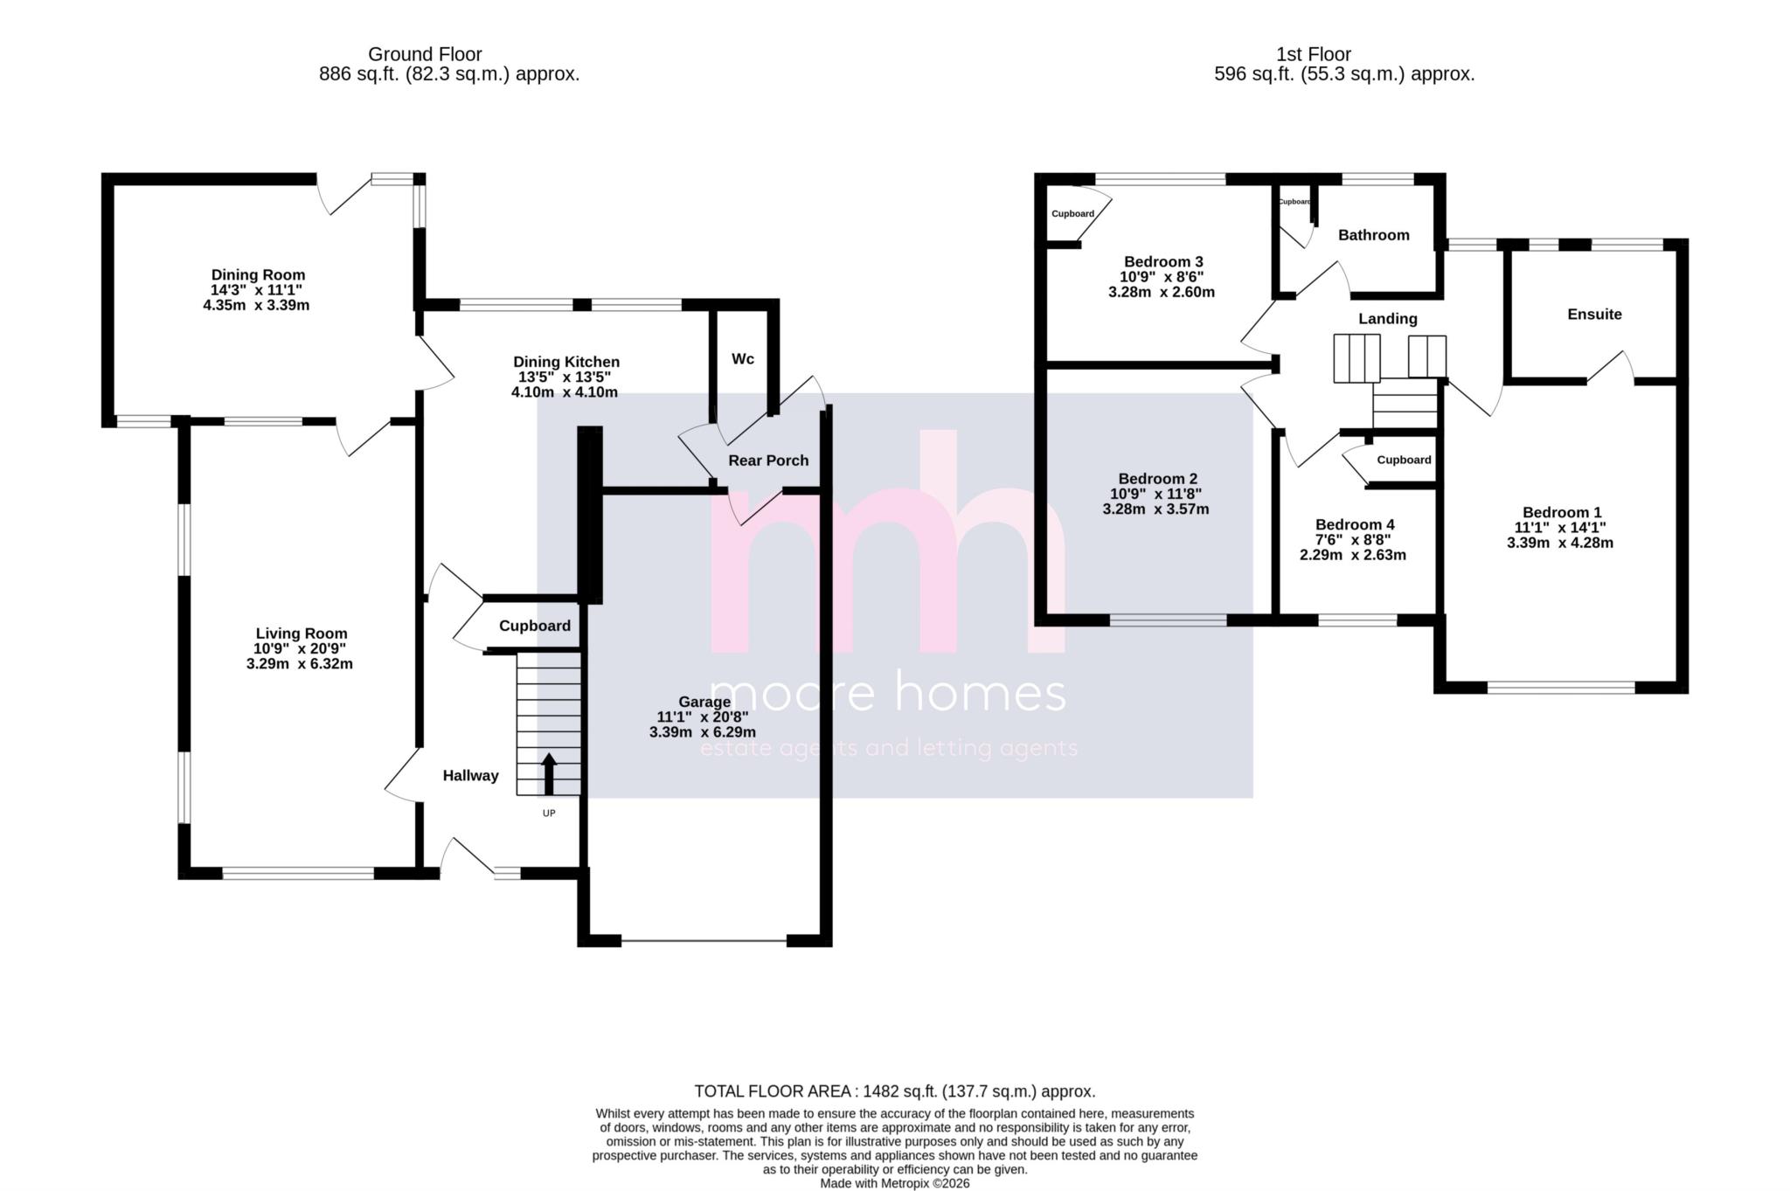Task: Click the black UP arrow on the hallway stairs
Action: tap(549, 773)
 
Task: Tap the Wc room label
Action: tap(743, 359)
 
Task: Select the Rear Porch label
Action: tap(768, 460)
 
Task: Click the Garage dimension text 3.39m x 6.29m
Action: tap(703, 732)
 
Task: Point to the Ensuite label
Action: tap(1594, 315)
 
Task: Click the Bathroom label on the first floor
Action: tap(1373, 235)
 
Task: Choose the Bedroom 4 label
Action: tap(1355, 524)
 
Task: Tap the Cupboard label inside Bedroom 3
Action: tap(1072, 214)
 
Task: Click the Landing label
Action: tap(1387, 319)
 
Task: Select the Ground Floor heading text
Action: tap(425, 54)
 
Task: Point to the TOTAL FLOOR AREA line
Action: tap(894, 1091)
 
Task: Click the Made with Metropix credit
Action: tap(894, 1183)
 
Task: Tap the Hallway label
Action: tap(470, 775)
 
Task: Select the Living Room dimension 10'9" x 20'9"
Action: tap(300, 648)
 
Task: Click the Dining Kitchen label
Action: tap(566, 362)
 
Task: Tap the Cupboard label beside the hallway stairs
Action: tap(535, 626)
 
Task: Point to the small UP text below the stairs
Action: tap(549, 814)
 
